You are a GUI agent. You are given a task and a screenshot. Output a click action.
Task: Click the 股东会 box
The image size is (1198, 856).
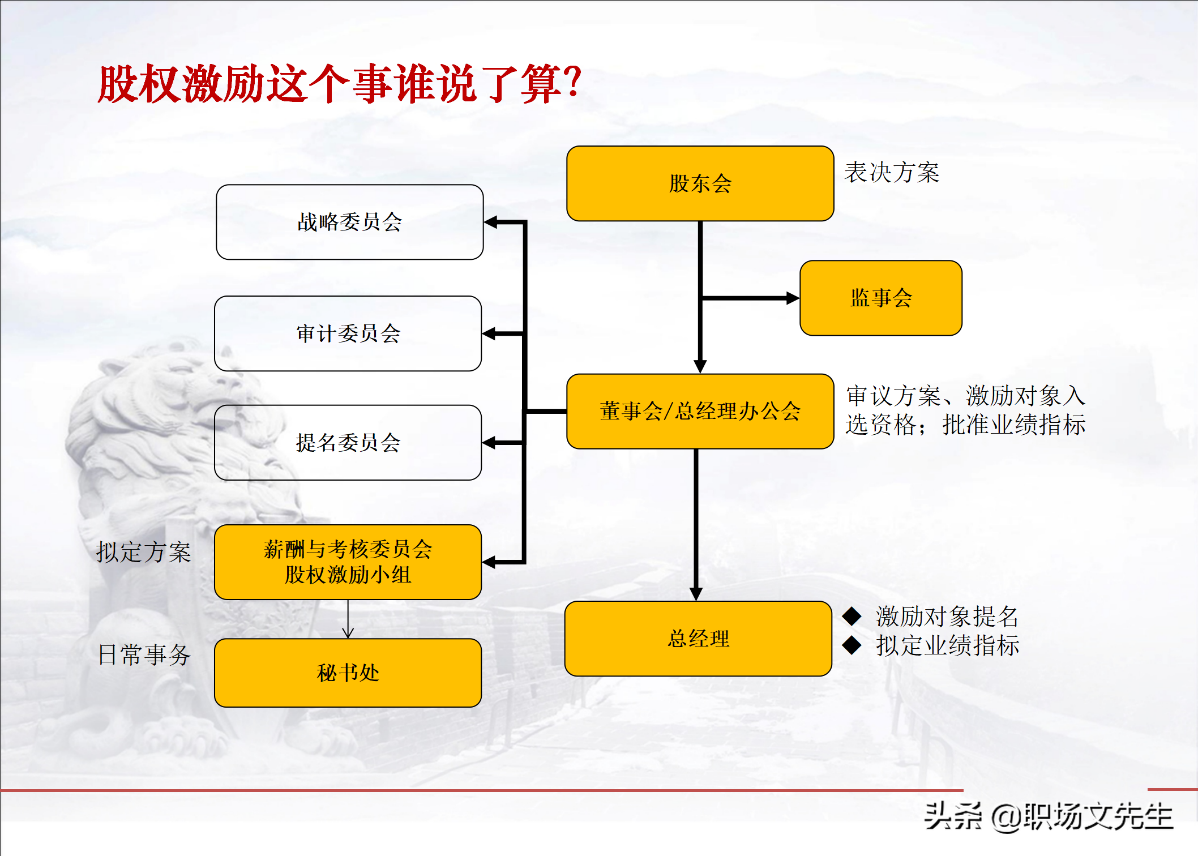click(x=700, y=183)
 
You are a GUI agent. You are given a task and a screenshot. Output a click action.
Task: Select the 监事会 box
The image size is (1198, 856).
click(x=880, y=298)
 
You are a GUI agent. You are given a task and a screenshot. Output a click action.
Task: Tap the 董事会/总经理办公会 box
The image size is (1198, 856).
click(x=700, y=411)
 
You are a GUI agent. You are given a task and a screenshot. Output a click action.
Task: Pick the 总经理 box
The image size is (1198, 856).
click(x=698, y=639)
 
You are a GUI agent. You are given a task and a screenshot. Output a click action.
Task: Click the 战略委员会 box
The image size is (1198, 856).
click(x=349, y=222)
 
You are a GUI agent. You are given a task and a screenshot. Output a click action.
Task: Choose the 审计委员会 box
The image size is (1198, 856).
click(x=348, y=333)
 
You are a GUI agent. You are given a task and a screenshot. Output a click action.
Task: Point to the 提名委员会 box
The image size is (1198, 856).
click(x=348, y=443)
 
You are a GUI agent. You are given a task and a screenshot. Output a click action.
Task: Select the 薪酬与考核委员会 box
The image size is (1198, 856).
click(x=348, y=562)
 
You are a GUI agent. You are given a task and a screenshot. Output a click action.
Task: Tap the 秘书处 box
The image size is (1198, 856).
click(x=348, y=673)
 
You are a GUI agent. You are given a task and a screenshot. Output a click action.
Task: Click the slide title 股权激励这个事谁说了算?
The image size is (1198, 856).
click(x=340, y=84)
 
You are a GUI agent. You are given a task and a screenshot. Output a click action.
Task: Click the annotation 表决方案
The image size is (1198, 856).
click(x=892, y=173)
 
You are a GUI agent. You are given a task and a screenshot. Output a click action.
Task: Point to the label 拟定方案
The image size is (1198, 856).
click(x=143, y=552)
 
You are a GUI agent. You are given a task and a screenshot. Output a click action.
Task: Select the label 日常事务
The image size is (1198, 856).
click(x=144, y=654)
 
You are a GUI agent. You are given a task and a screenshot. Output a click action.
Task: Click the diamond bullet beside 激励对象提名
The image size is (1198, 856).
click(x=852, y=616)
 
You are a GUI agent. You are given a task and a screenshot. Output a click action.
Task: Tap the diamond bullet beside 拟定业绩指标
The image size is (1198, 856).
click(x=852, y=645)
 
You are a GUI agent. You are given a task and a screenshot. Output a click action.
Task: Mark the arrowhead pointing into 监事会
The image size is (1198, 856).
click(x=793, y=298)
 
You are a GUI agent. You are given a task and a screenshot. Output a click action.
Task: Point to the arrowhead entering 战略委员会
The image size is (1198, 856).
click(x=491, y=222)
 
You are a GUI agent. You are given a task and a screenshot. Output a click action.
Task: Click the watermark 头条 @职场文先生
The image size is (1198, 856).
click(x=1047, y=816)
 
